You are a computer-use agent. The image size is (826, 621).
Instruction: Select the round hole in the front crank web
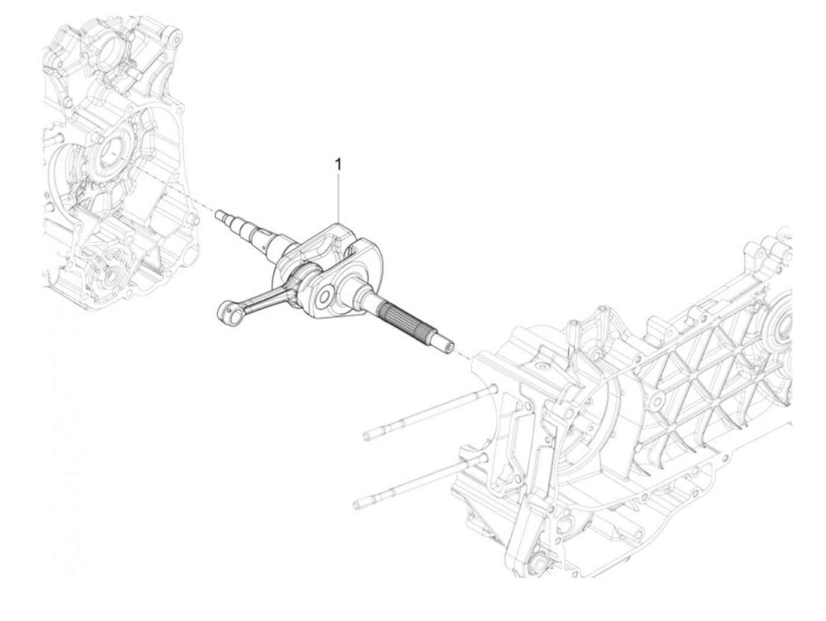click(x=324, y=297)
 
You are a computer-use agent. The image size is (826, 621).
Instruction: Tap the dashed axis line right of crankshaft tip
click(x=464, y=355)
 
